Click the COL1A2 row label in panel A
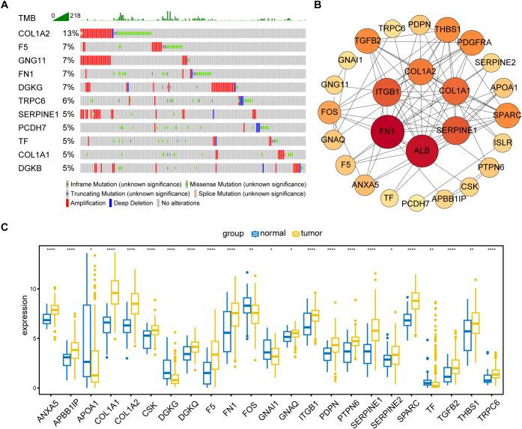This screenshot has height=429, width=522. click(34, 33)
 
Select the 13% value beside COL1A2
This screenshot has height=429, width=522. click(71, 33)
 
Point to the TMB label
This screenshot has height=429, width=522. click(26, 16)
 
